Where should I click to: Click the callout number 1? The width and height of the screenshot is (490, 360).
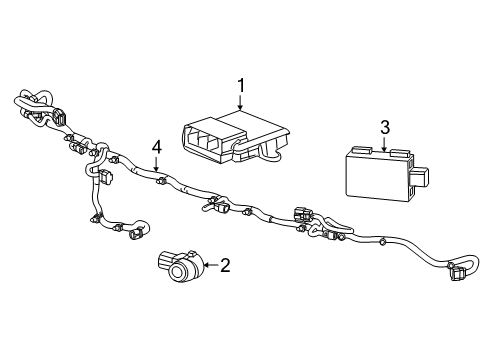(x=240, y=86)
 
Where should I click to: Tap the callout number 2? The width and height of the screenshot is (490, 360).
(x=225, y=265)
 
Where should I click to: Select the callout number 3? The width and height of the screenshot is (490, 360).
(x=383, y=126)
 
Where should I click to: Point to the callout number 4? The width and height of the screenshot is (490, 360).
(x=156, y=147)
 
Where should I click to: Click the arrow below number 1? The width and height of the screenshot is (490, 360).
(x=240, y=102)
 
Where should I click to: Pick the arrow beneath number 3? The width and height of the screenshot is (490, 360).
(x=383, y=143)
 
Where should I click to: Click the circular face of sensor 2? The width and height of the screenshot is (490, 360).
(x=182, y=273)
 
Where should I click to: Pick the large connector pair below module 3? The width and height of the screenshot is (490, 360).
(x=305, y=216)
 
